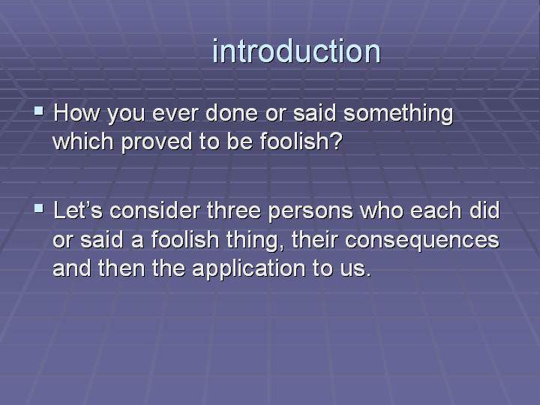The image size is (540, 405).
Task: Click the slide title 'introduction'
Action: coord(296,52)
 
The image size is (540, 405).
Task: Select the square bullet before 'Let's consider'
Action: coord(39,207)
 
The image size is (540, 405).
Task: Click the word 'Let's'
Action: coord(78,210)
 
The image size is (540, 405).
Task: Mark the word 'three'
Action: coord(238,210)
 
